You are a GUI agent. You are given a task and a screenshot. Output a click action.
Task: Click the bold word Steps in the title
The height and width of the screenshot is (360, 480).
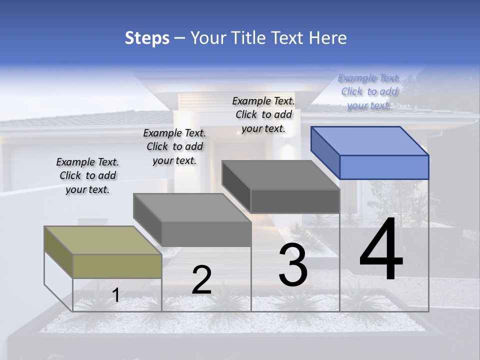(x=147, y=38)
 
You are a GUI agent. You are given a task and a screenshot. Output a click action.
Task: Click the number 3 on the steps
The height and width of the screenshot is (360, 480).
(x=293, y=266)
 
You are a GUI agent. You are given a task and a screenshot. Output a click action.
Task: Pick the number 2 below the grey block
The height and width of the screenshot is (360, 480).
(x=201, y=280)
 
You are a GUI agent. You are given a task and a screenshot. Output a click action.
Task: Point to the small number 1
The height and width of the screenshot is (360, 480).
(x=116, y=295)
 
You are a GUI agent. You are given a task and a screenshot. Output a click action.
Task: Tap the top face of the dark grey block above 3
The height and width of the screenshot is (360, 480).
(x=280, y=175)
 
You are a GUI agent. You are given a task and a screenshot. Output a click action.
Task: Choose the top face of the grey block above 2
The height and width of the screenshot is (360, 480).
(x=192, y=207)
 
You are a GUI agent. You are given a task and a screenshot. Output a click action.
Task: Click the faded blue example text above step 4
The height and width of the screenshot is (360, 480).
(x=369, y=91)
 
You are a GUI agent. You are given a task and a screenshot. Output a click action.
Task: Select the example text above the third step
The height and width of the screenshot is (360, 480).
(x=263, y=114)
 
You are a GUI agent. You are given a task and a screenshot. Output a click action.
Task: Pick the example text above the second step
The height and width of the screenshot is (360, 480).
(x=174, y=146)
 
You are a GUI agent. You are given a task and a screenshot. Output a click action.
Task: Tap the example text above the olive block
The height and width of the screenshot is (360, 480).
(x=87, y=175)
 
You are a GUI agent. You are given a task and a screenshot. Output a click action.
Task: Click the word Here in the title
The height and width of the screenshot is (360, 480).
(x=328, y=38)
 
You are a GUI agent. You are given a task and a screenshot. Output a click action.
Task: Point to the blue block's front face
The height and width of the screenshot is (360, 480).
(x=384, y=167)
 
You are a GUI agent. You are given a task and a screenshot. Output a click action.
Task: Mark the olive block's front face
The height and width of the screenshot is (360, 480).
(x=117, y=266)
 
